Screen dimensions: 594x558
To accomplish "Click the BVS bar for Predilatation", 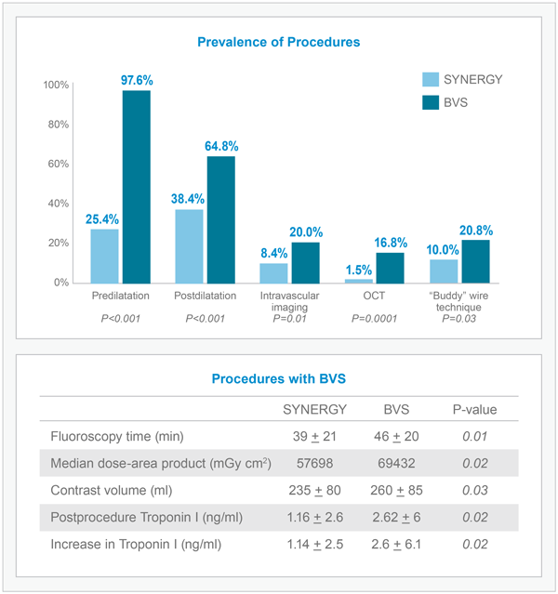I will (137, 186).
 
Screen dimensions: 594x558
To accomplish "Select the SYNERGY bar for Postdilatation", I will (189, 245).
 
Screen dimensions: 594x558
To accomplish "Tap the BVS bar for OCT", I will (390, 267).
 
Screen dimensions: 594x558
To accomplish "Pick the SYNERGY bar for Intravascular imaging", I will (273, 272).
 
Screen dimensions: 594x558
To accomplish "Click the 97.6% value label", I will (137, 81).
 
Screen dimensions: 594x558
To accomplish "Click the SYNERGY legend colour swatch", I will (431, 80).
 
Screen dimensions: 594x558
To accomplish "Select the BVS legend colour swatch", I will (431, 102).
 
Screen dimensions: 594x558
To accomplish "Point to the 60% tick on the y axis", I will (57, 164).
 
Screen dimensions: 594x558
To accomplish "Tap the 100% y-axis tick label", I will (55, 86).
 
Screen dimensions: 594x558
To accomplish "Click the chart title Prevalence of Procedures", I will (279, 42).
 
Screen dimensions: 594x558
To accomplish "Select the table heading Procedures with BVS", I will (279, 379).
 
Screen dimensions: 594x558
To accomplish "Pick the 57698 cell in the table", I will (315, 462).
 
